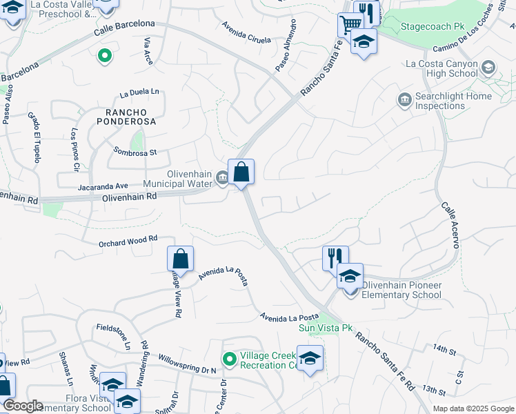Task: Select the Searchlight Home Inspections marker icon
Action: pyautogui.click(x=404, y=101)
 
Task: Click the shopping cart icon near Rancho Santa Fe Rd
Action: pyautogui.click(x=350, y=25)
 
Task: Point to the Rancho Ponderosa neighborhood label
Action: pyautogui.click(x=130, y=116)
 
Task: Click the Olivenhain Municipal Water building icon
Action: pyautogui.click(x=223, y=178)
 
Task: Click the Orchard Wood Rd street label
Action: pyautogui.click(x=128, y=239)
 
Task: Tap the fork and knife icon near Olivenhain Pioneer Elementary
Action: pyautogui.click(x=335, y=258)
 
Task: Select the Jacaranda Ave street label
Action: pyautogui.click(x=103, y=186)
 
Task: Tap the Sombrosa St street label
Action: pyautogui.click(x=136, y=151)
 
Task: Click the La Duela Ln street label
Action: pyautogui.click(x=139, y=92)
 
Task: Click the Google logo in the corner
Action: pyautogui.click(x=23, y=406)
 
